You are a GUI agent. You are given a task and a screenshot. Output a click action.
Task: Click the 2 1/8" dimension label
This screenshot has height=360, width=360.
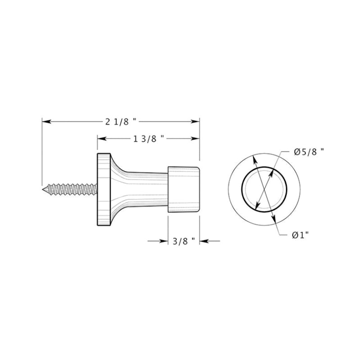tap(120, 121)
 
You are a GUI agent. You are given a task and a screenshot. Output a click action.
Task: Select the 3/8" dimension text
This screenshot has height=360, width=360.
tap(183, 242)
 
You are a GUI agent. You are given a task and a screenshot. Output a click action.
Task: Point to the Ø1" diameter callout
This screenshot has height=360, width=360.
tap(300, 234)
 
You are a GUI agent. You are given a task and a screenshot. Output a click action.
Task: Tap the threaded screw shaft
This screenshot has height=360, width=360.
tap(72, 187)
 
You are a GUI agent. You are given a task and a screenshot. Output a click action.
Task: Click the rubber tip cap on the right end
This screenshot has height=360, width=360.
tap(184, 189)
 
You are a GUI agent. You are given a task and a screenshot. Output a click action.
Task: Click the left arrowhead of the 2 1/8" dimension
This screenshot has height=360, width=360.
tap(45, 121)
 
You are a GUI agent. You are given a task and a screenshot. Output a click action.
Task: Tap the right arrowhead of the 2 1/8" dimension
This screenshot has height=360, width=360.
tap(197, 121)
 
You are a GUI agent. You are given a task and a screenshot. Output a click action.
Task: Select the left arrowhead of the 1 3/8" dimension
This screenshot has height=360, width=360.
tap(100, 139)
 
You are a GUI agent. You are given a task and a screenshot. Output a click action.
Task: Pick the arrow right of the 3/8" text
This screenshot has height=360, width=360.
tap(203, 242)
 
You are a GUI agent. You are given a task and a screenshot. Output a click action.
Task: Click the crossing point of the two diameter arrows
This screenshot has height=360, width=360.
tap(264, 189)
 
